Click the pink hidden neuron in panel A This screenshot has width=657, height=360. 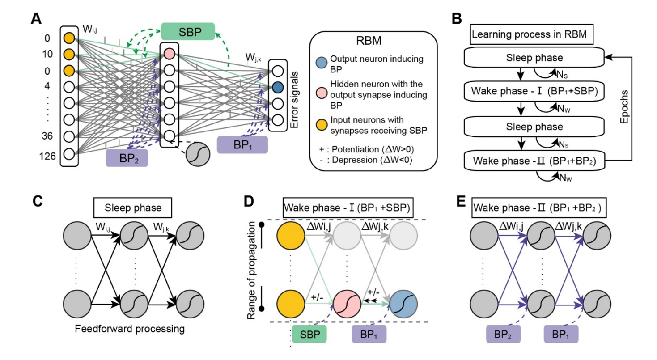point(169,54)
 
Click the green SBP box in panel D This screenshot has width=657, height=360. point(309,334)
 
